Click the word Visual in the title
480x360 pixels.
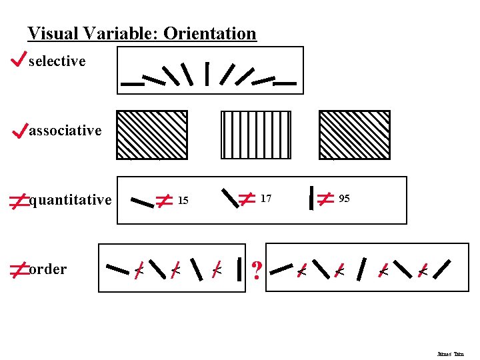pos(49,33)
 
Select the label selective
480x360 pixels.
pos(57,61)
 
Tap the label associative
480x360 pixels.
pos(65,131)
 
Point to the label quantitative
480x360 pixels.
pos(71,200)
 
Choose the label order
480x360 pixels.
pos(48,269)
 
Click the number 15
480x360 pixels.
pos(184,201)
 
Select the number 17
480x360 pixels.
pos(266,199)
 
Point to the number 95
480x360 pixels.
pos(344,199)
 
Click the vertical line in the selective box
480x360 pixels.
pos(207,74)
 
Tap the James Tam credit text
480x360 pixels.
pos(450,354)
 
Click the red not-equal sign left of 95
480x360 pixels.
pos(325,199)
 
